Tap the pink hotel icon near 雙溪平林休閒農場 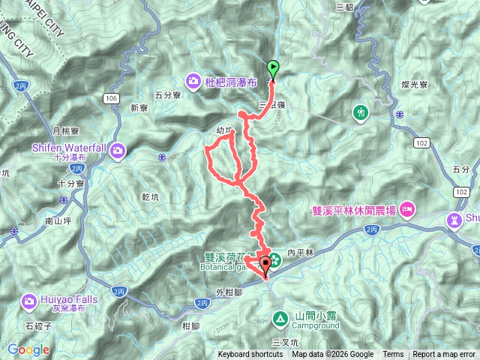click(x=407, y=208)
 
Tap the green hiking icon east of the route click(x=361, y=112)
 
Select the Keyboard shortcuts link click(x=250, y=355)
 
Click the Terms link click(x=393, y=355)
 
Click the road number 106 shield click(x=112, y=98)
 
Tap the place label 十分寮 click(x=70, y=184)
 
